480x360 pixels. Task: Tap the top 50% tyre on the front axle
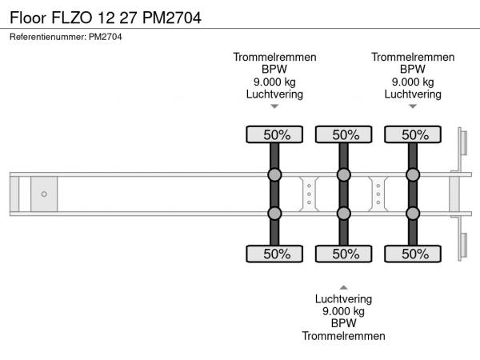point(274,134)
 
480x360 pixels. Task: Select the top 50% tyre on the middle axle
point(343,134)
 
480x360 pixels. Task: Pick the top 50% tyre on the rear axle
point(413,134)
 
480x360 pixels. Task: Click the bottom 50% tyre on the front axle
point(274,254)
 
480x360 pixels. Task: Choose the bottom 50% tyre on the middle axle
point(343,254)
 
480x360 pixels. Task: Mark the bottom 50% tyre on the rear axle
point(413,254)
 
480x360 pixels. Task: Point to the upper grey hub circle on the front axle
point(274,175)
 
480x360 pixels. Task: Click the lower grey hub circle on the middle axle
point(343,213)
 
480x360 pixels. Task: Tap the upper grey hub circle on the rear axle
point(413,175)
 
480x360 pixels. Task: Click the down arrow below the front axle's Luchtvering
point(274,106)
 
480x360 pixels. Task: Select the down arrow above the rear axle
point(413,106)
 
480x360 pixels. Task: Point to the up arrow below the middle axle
point(343,286)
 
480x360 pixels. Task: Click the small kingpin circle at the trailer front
point(44,194)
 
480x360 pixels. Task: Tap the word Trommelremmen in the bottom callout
point(343,336)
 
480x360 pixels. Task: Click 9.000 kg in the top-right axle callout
point(413,82)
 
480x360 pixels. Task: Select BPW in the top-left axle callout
point(274,69)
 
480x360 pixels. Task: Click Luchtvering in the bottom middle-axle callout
point(343,298)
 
